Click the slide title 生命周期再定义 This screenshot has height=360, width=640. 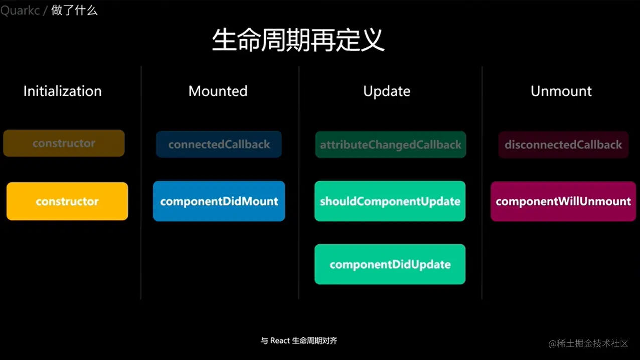(x=298, y=40)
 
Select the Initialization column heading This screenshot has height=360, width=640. (x=62, y=91)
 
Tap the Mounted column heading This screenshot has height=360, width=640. (x=218, y=91)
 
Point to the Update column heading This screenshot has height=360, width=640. (x=387, y=91)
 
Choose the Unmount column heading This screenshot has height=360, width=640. (x=561, y=91)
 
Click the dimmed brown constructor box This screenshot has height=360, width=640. (x=64, y=143)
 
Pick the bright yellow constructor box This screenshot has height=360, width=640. (x=67, y=201)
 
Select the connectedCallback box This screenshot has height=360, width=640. (x=219, y=144)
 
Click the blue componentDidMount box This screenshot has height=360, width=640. (x=219, y=201)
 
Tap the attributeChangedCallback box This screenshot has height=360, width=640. (x=391, y=145)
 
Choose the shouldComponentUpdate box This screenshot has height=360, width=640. (x=390, y=201)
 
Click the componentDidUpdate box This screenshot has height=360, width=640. (x=390, y=264)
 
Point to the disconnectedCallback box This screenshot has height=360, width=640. (x=563, y=145)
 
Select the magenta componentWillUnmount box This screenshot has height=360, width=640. (x=563, y=201)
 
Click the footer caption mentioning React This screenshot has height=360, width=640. (x=299, y=341)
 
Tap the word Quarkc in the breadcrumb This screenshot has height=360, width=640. (x=20, y=10)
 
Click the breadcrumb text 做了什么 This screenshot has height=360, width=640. (x=74, y=10)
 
